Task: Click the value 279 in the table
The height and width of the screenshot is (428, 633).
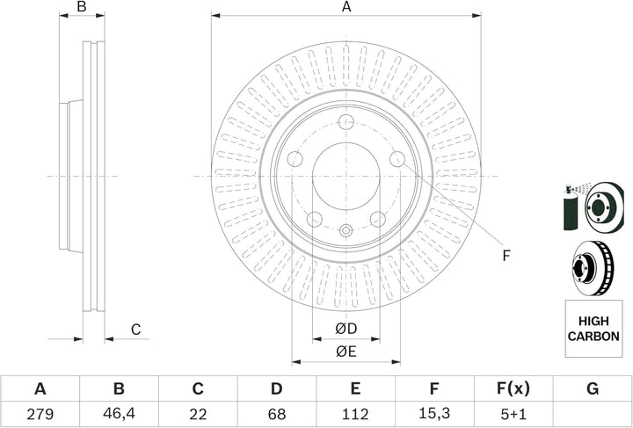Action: coord(40,413)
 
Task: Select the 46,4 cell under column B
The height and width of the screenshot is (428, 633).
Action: coord(119,413)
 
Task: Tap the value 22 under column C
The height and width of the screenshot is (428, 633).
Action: coord(198,413)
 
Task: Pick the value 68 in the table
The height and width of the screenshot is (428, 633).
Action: coord(276,413)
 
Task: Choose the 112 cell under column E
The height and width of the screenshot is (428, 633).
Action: coord(355,413)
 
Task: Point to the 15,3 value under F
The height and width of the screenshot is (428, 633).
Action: coord(434,413)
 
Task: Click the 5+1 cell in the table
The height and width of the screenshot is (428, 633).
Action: coord(513,413)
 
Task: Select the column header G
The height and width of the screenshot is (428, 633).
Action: coord(593,388)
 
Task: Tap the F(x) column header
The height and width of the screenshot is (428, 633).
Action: coord(513,388)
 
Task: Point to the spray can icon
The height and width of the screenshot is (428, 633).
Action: coord(569,210)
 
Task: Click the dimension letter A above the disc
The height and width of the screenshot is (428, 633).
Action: coord(346,7)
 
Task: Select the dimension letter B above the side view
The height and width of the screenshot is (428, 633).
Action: coord(82,7)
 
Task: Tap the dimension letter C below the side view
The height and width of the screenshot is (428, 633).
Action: coord(135,330)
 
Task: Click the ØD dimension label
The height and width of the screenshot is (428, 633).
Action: coord(346,330)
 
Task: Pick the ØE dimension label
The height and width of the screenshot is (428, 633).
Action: coord(346,352)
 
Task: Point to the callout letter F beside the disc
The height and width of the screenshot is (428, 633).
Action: coord(506,256)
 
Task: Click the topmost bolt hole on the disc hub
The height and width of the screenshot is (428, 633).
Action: coord(346,122)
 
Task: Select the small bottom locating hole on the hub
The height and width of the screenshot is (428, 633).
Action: coord(346,231)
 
